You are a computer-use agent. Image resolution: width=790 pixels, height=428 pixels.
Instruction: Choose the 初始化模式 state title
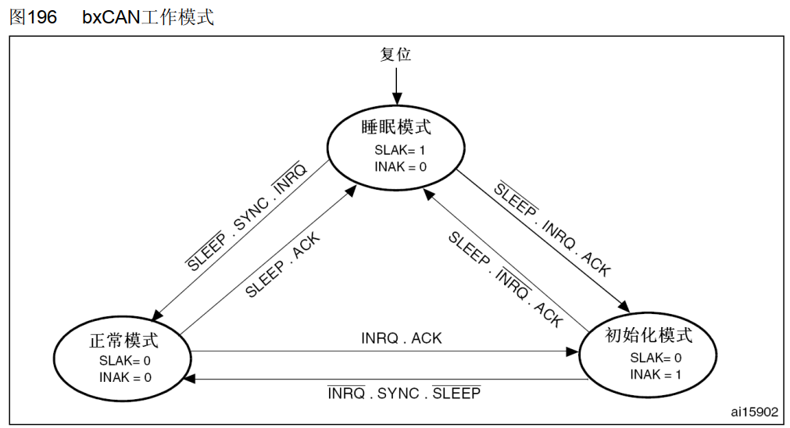click(649, 336)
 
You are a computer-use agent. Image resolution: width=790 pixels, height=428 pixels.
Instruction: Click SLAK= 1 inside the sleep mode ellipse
click(399, 149)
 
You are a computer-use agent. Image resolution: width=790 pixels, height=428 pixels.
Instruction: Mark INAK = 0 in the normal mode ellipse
click(125, 377)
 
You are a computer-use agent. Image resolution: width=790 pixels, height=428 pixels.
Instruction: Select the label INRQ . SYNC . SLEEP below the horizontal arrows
click(404, 393)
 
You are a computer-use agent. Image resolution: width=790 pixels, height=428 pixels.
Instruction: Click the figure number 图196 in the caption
click(33, 16)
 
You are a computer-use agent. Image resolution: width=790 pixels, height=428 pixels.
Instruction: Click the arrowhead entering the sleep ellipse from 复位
click(396, 99)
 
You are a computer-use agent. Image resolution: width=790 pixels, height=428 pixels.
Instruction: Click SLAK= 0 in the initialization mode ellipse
click(656, 358)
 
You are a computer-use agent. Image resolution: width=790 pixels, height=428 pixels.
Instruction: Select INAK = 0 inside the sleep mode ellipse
click(400, 166)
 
